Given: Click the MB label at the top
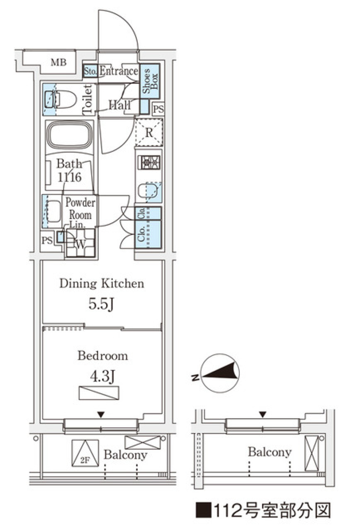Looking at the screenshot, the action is pos(58,62).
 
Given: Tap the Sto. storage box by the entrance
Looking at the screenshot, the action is pos(90,71).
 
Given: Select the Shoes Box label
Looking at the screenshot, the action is pos(150,81).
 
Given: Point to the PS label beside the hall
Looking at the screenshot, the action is pos(158,109).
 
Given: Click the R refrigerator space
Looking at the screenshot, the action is pos(149,132).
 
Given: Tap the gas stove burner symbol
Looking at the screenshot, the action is pos(149,162).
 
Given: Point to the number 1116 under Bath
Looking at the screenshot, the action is pos(70,177).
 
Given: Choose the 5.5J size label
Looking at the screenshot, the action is pos(101,304).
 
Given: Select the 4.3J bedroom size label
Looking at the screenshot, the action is pos(102,376).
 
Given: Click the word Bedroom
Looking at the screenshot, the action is pos(103,356).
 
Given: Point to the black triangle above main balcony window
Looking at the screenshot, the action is pos(101,415).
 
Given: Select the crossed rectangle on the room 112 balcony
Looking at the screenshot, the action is pos(312,453).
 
